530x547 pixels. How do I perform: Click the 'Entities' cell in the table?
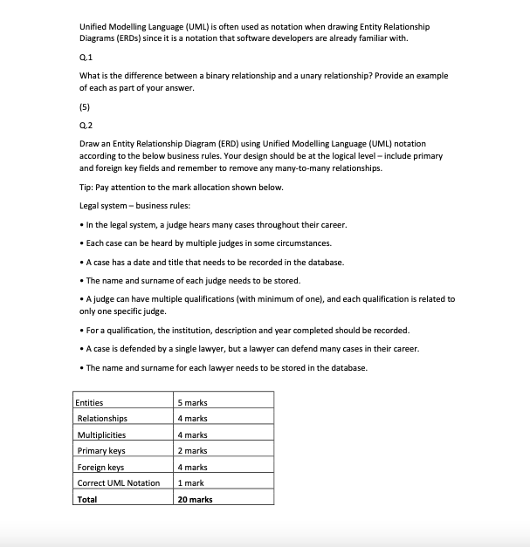click(90, 402)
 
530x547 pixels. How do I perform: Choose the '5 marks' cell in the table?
click(192, 402)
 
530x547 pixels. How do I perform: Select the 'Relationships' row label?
click(102, 419)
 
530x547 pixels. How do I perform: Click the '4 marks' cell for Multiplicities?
click(192, 434)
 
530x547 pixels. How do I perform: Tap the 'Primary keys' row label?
click(101, 451)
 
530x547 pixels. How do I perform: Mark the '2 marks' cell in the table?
click(192, 451)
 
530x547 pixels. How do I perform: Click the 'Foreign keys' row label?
click(100, 467)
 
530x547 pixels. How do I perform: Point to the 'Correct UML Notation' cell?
click(119, 483)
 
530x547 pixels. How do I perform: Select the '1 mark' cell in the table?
click(190, 483)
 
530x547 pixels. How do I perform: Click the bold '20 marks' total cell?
click(195, 500)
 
